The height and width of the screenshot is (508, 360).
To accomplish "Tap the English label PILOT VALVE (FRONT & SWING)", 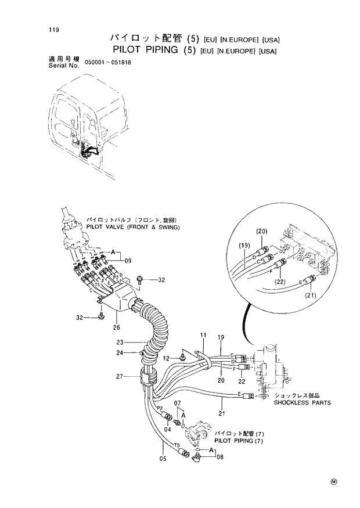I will (133, 228).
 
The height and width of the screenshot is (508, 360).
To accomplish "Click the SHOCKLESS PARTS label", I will (302, 402).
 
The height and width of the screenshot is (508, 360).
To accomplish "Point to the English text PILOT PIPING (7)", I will (239, 441).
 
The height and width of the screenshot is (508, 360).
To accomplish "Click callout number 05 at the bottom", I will (163, 459).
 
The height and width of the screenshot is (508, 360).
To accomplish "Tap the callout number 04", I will (167, 429).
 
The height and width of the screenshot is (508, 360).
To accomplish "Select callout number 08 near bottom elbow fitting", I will (219, 457).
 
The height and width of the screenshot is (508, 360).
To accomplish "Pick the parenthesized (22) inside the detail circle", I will (281, 282).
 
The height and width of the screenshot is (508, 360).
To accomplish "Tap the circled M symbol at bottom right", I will (333, 481).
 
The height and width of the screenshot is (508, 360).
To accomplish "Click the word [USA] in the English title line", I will (268, 51).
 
